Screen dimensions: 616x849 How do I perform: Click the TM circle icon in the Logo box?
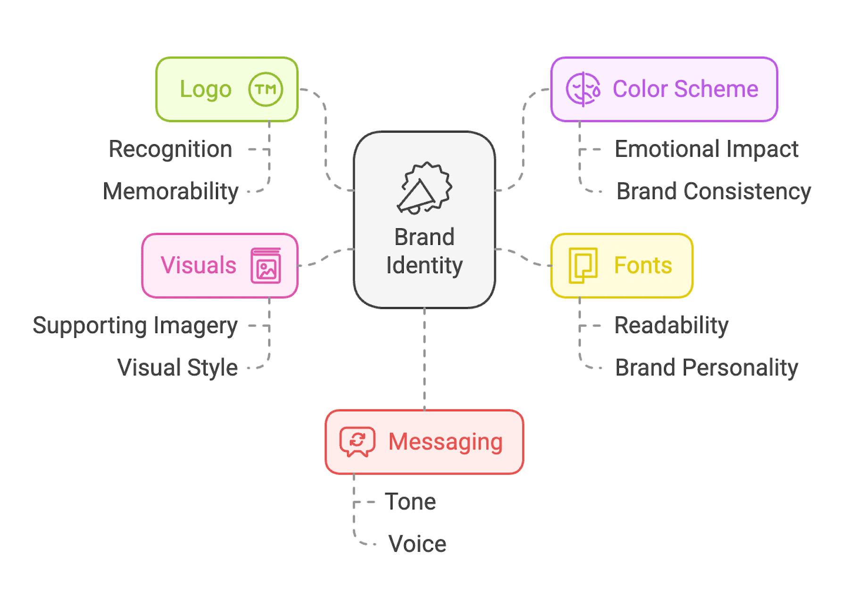point(266,89)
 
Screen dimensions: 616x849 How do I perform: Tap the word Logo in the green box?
point(206,89)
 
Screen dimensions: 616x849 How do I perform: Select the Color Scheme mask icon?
point(583,89)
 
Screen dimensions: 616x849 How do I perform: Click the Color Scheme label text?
point(685,89)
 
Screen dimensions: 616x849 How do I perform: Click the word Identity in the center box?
point(424,265)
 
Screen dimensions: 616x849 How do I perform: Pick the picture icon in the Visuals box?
point(266,266)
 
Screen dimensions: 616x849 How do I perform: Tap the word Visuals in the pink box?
point(198,265)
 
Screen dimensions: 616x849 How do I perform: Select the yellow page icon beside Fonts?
point(583,266)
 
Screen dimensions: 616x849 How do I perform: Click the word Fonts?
point(642,265)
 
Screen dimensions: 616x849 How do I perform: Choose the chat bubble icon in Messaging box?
point(357,442)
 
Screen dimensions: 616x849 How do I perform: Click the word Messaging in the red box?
point(445,442)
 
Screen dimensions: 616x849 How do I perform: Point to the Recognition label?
point(170,149)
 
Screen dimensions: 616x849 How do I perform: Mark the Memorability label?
point(170,191)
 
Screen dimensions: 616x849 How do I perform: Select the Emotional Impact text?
point(706,149)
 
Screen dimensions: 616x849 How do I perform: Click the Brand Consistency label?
point(713,191)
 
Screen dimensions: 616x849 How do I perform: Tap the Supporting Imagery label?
point(135,325)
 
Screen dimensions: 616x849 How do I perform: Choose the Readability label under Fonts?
point(671,325)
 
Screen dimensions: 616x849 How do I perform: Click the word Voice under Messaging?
point(417,544)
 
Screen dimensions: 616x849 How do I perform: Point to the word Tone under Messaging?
point(410,501)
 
